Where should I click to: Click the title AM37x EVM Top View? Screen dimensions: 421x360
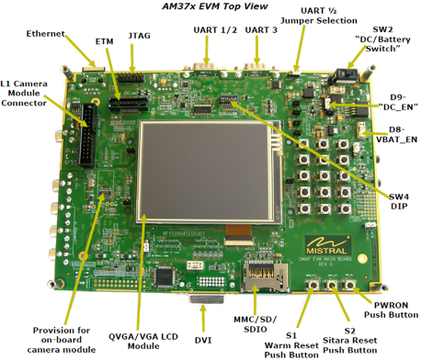tap(215, 6)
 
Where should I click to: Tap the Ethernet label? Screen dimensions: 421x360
tap(46, 33)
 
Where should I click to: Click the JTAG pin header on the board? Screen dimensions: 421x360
tap(131, 77)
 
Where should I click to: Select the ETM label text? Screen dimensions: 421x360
tap(104, 41)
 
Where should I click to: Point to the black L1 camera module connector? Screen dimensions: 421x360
tap(88, 134)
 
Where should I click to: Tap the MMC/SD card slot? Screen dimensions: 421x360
tap(265, 276)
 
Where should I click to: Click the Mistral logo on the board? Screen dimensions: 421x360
tap(327, 245)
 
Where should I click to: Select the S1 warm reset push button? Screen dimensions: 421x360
tap(313, 285)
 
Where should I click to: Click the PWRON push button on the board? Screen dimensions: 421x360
tap(348, 285)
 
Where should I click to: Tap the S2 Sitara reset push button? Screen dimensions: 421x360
tap(331, 285)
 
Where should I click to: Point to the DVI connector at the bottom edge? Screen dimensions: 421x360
tap(208, 298)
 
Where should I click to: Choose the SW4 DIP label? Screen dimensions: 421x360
tap(399, 201)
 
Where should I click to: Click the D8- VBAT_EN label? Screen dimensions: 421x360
tap(397, 135)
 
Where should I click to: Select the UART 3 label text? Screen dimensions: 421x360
tap(261, 30)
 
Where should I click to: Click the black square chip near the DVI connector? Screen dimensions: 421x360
tap(166, 276)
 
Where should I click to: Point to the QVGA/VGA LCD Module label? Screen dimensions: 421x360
tap(143, 342)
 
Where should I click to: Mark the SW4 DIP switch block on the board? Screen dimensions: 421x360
tap(229, 100)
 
